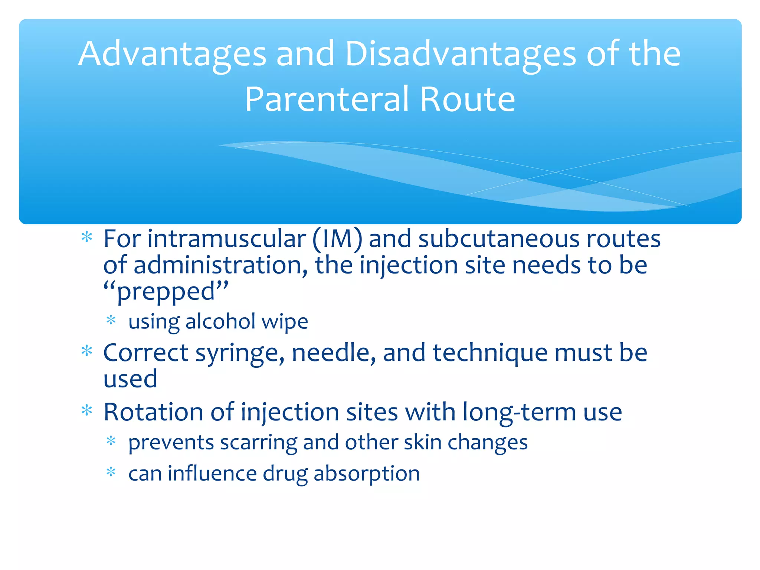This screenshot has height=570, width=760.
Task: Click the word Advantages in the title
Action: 172,55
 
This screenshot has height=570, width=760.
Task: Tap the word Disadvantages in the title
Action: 461,55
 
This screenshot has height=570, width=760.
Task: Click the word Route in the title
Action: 467,99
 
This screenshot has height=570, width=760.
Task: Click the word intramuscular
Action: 226,239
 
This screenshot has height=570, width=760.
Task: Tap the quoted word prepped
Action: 166,292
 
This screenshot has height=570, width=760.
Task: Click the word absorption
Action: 367,474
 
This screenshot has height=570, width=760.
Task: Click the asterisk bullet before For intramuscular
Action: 87,237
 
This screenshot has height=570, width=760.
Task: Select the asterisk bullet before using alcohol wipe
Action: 111,320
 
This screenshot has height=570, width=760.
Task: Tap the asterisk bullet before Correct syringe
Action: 87,351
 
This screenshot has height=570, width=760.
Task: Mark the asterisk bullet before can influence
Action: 111,472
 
